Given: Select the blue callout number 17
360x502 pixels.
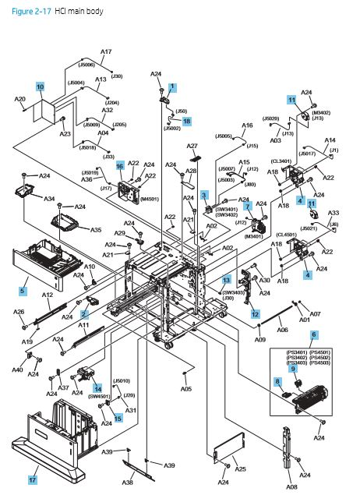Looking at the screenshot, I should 34,470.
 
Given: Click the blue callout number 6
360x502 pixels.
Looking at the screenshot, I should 313,334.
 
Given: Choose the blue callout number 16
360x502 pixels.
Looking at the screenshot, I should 120,166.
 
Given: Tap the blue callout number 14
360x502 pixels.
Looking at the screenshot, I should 98,387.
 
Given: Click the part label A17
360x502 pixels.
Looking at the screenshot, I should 106,51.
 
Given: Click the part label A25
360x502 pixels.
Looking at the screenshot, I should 240,468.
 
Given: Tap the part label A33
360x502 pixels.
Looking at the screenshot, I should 334,212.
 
